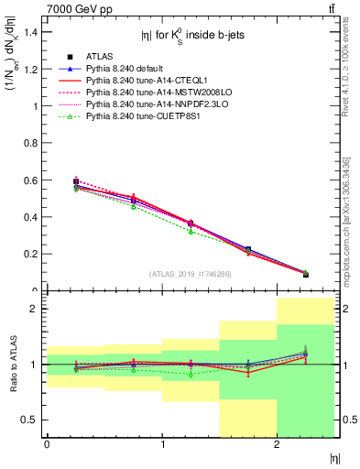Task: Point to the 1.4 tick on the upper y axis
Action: coord(31,32)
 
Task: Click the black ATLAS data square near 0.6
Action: coord(76,181)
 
